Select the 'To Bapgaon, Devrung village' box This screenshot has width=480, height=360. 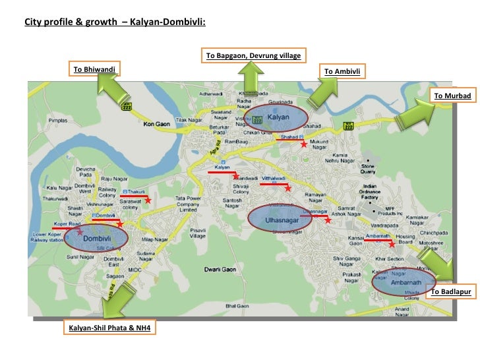pyautogui.click(x=253, y=55)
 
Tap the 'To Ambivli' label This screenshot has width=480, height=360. pyautogui.click(x=343, y=71)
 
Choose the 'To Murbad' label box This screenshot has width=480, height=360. pyautogui.click(x=452, y=96)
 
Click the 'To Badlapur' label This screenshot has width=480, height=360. pyautogui.click(x=451, y=291)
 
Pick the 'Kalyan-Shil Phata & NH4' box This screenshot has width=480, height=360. pyautogui.click(x=109, y=327)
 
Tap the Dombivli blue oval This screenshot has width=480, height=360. pyautogui.click(x=96, y=237)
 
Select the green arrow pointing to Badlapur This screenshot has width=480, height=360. pyautogui.click(x=436, y=263)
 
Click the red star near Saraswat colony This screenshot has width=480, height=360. pyautogui.click(x=148, y=199)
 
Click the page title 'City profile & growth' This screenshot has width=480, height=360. pyautogui.click(x=115, y=22)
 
